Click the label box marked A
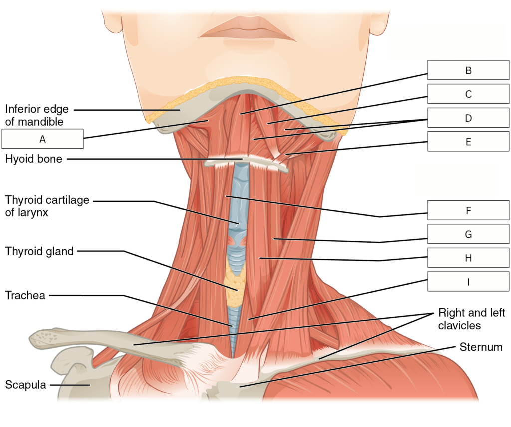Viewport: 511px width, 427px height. (x=43, y=139)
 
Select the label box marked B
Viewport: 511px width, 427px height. (x=468, y=70)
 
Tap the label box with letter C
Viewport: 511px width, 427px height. (x=468, y=94)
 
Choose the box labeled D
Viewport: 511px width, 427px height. (x=468, y=118)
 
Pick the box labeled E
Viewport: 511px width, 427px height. (x=468, y=141)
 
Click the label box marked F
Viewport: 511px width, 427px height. (x=468, y=210)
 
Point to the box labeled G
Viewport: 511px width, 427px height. (x=468, y=234)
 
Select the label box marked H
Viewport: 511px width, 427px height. (x=468, y=258)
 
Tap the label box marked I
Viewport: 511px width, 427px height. (x=468, y=281)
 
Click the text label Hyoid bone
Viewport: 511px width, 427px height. (x=33, y=159)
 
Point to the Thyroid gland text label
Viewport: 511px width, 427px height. (x=39, y=251)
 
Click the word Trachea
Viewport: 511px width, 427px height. (x=25, y=295)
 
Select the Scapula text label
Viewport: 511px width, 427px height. (x=26, y=384)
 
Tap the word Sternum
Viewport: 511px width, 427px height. (x=481, y=347)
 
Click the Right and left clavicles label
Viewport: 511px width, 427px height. (x=471, y=319)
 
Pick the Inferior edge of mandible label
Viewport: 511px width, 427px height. (x=37, y=115)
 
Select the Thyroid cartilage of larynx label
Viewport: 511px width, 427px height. (x=47, y=206)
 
